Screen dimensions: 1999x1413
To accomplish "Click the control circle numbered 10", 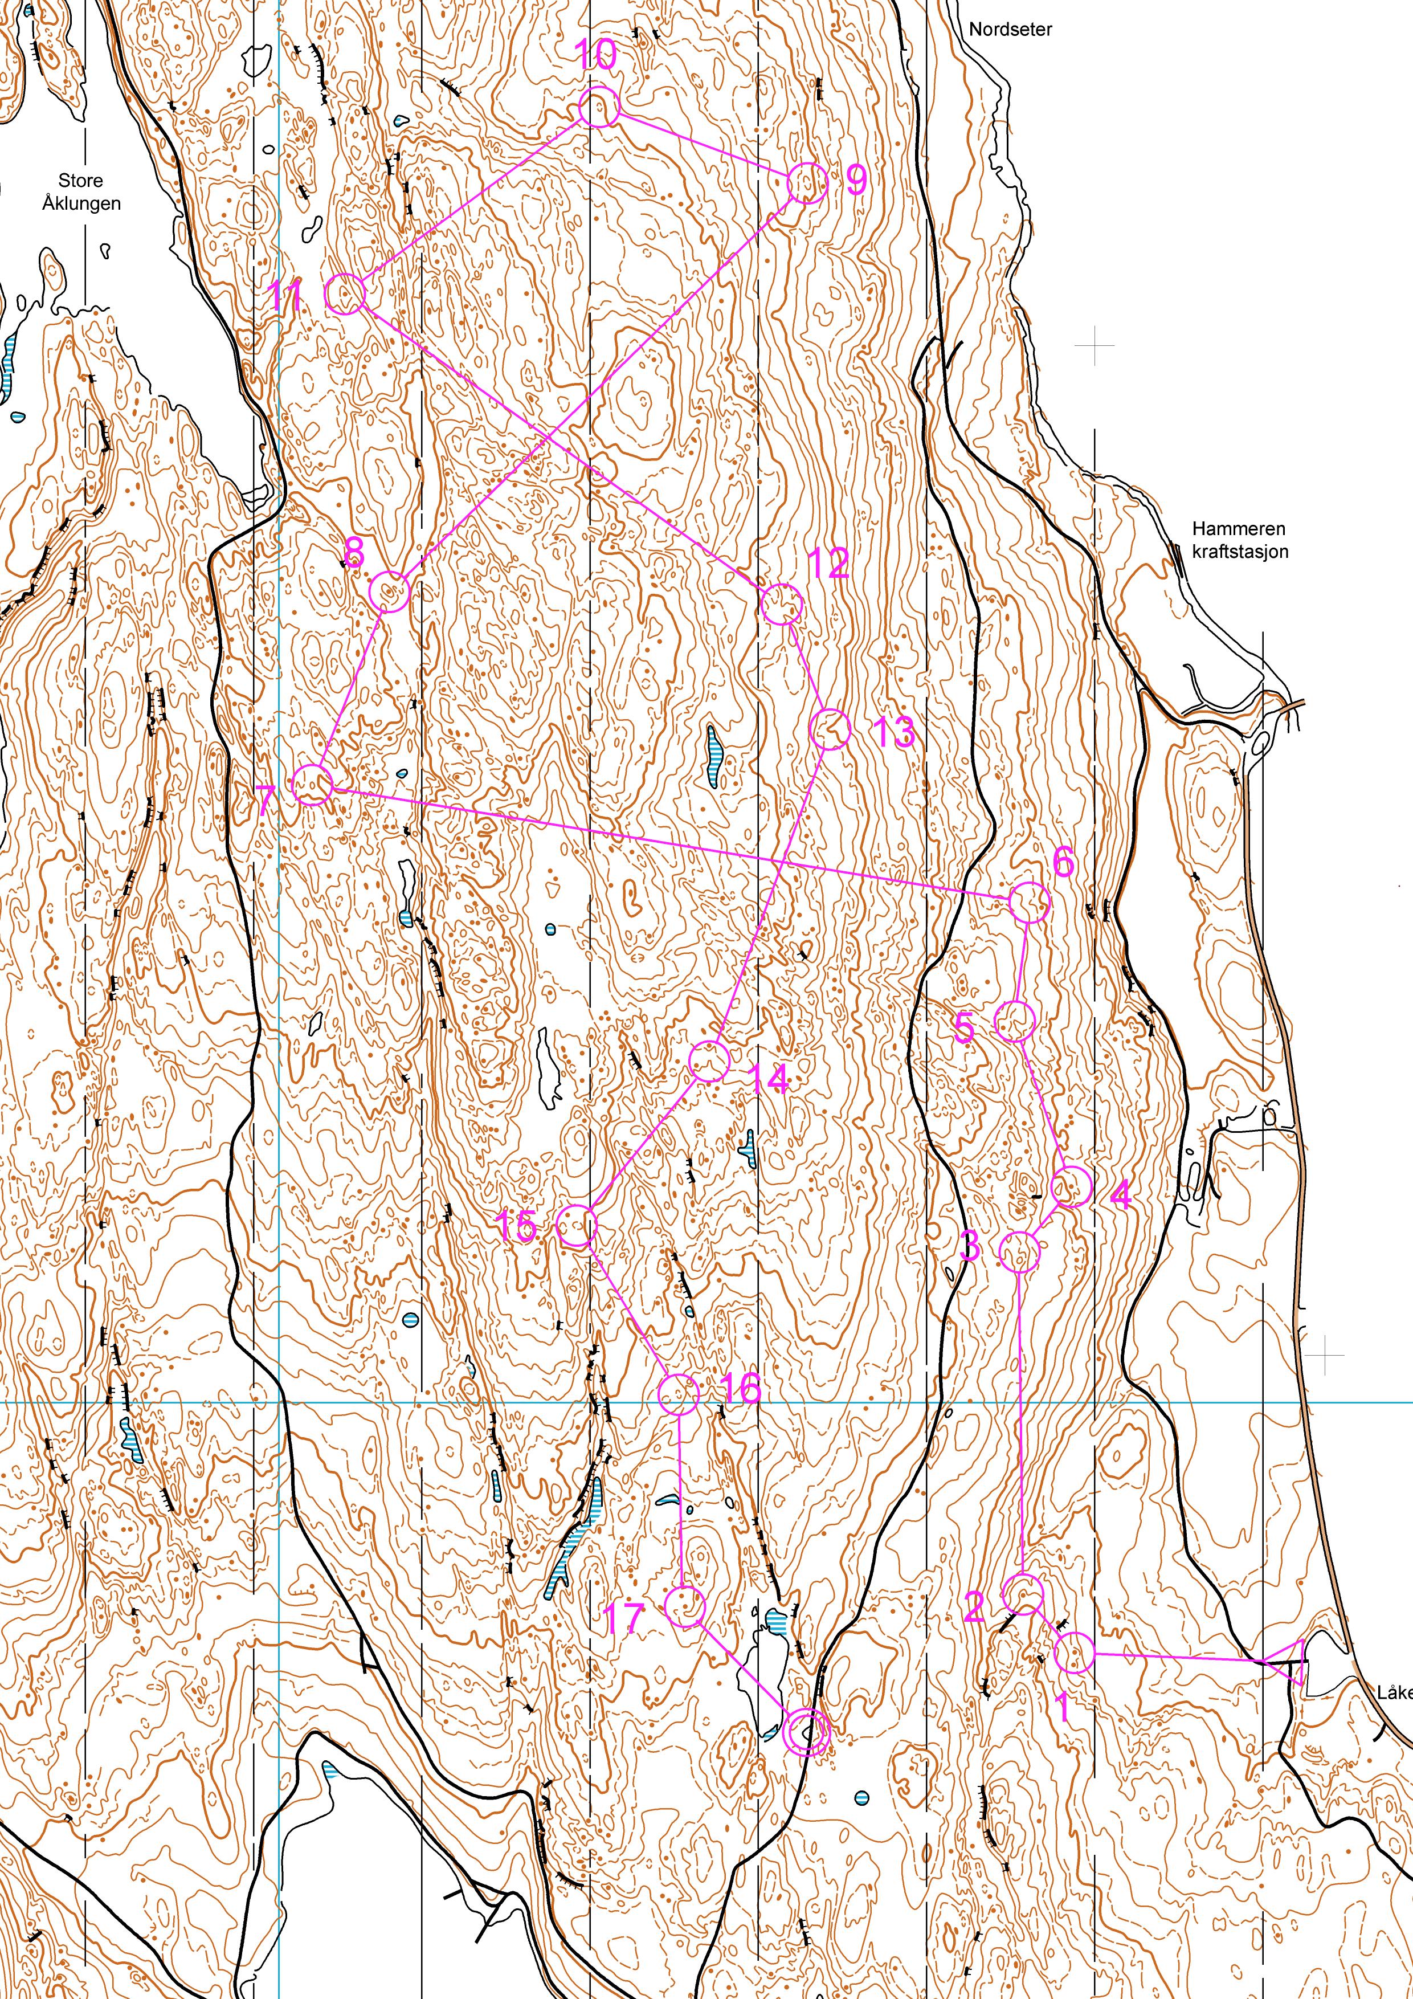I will pos(599,108).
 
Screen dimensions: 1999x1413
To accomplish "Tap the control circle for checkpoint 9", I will pos(806,183).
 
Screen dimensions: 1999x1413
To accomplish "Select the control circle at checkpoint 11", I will pos(345,294).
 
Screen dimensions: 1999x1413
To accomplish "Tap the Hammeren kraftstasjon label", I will pos(1239,540).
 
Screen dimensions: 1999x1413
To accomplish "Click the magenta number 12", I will pos(828,564).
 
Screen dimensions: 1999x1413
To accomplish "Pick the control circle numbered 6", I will pos(1029,902).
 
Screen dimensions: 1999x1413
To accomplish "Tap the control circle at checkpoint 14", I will pos(709,1061).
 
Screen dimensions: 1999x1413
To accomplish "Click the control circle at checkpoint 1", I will pos(1075,1653).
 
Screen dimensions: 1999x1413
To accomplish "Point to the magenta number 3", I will pos(969,1246).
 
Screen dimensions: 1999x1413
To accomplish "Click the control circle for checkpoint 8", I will pos(389,593).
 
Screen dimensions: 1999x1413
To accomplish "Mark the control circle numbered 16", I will pos(679,1394).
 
